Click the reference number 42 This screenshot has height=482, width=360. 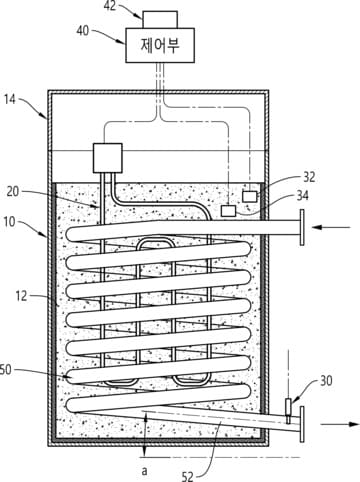(x=110, y=6)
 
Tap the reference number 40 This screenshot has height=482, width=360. (x=83, y=31)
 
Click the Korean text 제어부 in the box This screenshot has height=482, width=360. (x=160, y=45)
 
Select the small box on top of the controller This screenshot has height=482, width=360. (x=160, y=19)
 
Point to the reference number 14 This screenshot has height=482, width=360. (x=9, y=99)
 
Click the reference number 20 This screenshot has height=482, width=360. (x=13, y=192)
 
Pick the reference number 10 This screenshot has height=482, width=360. (x=9, y=222)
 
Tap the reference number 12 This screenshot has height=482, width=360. (x=21, y=296)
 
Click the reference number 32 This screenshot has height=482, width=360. (x=309, y=177)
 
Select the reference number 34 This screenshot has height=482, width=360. (x=303, y=196)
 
